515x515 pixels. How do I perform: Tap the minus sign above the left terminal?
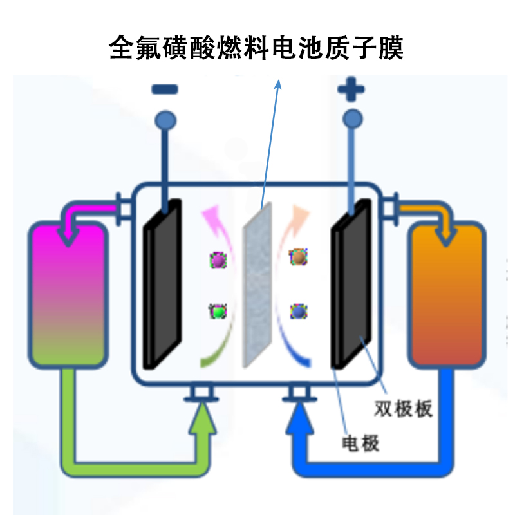(x=165, y=89)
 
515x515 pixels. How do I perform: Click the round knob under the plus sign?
(x=352, y=118)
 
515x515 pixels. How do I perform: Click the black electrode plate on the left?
(x=162, y=283)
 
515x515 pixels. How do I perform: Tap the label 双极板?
(x=404, y=409)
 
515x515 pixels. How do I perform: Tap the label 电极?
(x=360, y=443)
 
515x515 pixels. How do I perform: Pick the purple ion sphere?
(x=218, y=260)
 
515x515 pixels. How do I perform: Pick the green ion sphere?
(x=218, y=312)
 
